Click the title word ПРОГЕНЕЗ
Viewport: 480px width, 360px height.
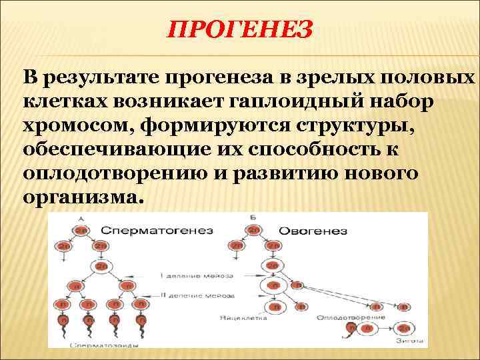tap(239, 29)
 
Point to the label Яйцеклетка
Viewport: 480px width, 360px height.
tap(243, 319)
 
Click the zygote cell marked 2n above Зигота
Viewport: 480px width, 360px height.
tap(404, 328)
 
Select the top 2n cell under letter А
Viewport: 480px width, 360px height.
tap(80, 229)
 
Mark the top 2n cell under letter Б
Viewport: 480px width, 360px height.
tap(253, 229)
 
